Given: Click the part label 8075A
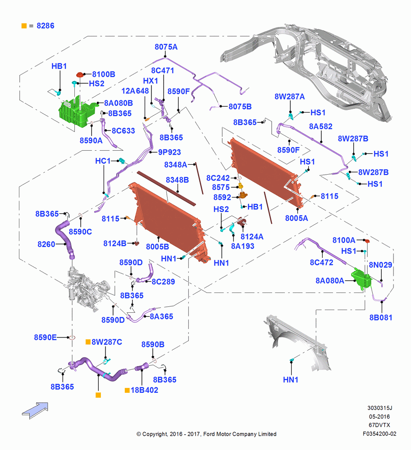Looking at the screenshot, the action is coord(166,47).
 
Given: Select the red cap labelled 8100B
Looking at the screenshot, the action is coord(80,75).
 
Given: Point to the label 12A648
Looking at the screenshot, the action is coord(135,91).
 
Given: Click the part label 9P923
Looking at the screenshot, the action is coord(169,152).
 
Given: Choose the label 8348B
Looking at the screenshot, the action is coord(177,180).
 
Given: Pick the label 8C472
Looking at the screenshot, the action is coord(321,262).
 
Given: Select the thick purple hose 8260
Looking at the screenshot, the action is coord(65,238).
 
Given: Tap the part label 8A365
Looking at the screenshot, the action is coord(161,316).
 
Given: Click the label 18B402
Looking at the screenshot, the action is coord(144,390).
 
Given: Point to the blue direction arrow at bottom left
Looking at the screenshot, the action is coord(35,410).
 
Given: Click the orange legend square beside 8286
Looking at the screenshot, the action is coord(24,26).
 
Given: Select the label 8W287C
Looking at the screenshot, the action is coord(107,342).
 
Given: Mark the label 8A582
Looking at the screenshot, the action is coord(321,126).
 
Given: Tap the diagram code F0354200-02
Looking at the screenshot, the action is coord(379,434).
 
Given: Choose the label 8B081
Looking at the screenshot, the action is coord(381,317).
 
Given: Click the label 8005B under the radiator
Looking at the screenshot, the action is coord(157,247).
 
